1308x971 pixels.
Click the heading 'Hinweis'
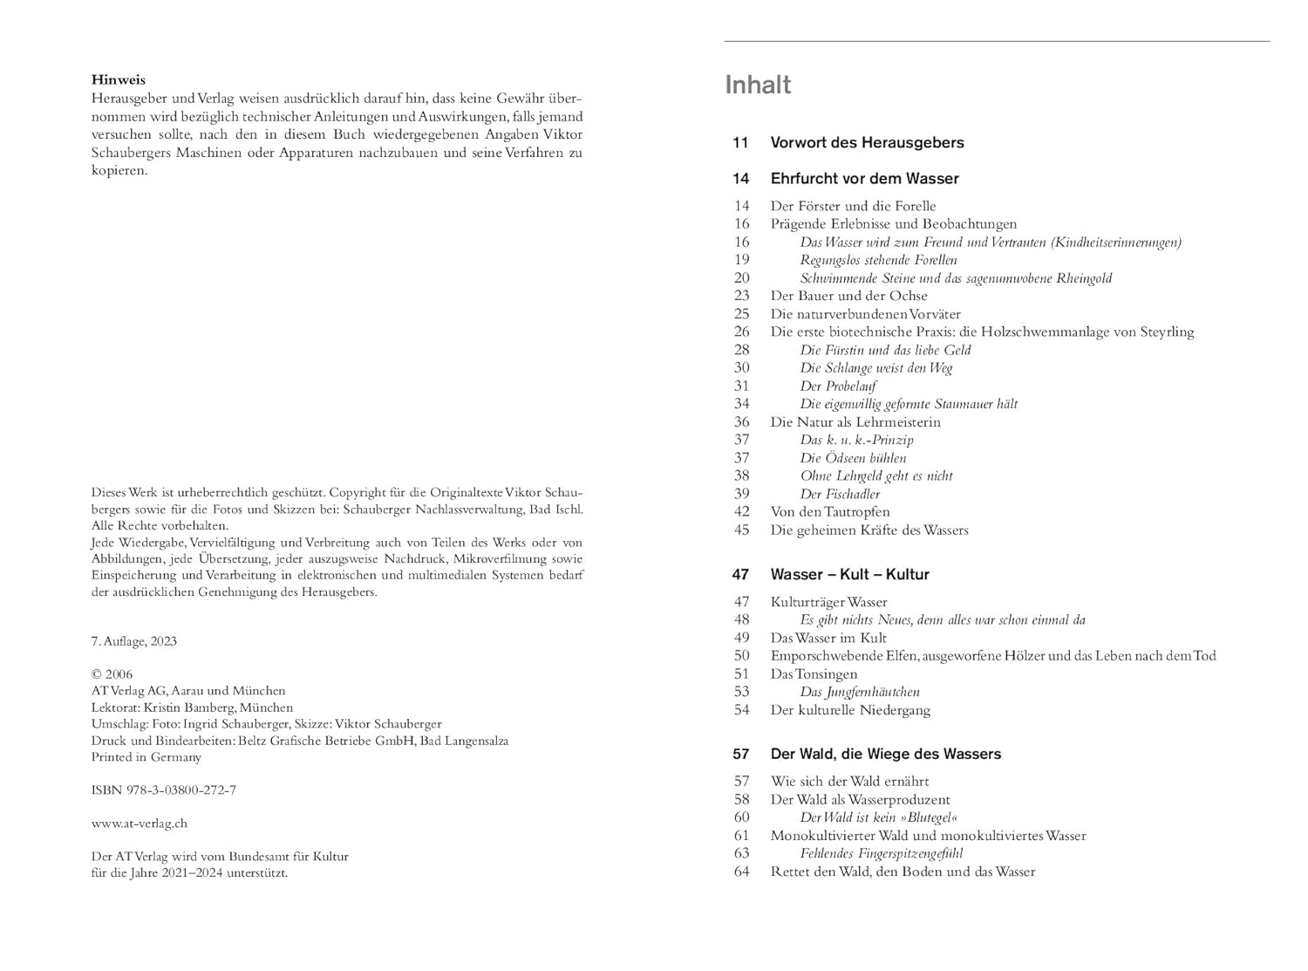tap(119, 80)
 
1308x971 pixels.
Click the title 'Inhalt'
tap(758, 85)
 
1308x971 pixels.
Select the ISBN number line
tap(164, 790)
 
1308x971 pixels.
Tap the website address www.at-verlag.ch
tap(140, 824)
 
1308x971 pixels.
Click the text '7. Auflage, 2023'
tap(134, 641)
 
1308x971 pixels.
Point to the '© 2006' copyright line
tap(112, 674)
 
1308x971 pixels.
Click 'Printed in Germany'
tap(146, 757)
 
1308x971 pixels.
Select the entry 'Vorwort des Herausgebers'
tap(867, 142)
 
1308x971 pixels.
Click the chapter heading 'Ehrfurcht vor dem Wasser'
tap(864, 179)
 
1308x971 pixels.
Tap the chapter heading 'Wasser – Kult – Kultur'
tap(849, 575)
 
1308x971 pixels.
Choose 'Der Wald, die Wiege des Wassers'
tap(885, 754)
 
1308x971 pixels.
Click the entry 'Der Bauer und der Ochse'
tap(848, 296)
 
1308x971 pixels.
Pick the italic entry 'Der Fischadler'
tap(840, 494)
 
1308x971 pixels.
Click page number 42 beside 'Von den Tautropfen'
tap(741, 512)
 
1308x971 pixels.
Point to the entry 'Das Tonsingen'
tap(814, 674)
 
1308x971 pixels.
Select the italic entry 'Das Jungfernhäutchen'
tap(860, 692)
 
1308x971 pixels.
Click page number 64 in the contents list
tap(741, 872)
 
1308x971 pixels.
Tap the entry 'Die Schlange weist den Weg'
tap(876, 368)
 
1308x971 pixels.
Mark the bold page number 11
tap(740, 142)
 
